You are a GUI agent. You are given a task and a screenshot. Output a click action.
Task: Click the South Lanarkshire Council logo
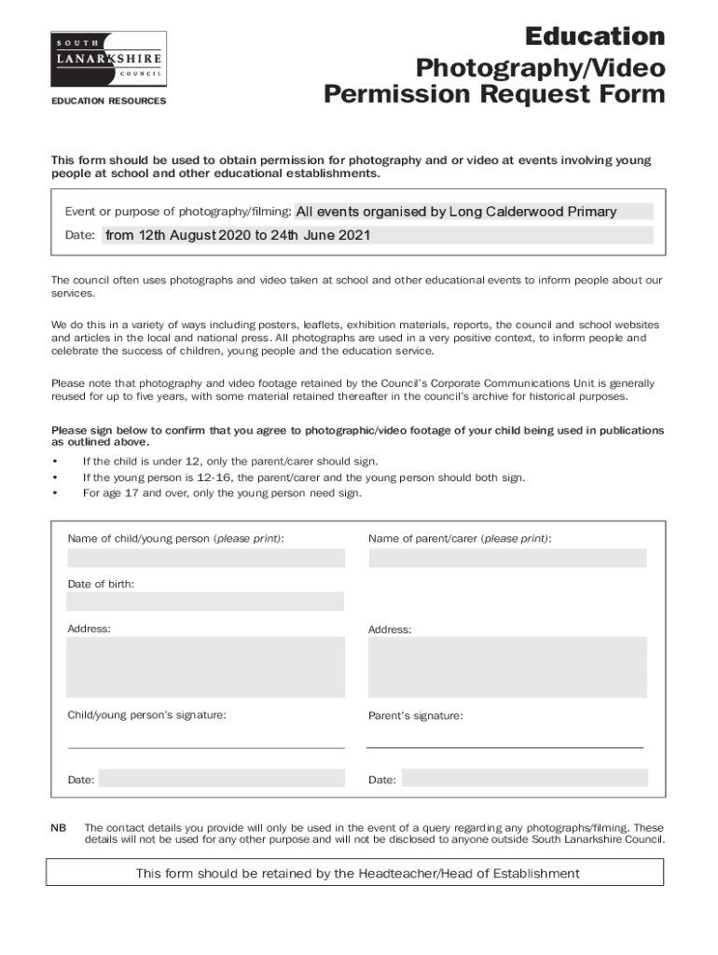coord(107,59)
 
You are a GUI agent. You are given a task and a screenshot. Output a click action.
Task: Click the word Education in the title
coord(594,37)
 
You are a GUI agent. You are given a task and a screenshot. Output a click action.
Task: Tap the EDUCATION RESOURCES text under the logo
coord(109,101)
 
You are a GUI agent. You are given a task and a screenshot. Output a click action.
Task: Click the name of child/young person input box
coord(206,558)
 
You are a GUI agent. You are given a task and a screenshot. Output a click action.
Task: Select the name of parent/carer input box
coord(507,558)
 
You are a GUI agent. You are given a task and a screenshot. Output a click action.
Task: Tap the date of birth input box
coord(206,602)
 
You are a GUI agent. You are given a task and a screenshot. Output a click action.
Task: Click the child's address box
coord(206,667)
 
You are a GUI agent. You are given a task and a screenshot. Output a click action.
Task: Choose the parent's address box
coord(507,667)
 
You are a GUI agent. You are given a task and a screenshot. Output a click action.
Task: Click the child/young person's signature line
coord(206,746)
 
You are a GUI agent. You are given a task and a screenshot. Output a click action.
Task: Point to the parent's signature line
coord(504,746)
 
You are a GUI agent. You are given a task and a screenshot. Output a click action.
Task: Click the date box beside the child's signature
coord(222,779)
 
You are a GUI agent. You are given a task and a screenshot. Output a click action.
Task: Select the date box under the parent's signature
coord(524,778)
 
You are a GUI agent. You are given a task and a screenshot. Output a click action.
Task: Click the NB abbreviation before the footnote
coord(58,827)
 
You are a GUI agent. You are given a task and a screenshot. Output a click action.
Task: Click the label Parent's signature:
coord(415,716)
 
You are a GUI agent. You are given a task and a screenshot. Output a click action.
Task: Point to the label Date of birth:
coord(101,584)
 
